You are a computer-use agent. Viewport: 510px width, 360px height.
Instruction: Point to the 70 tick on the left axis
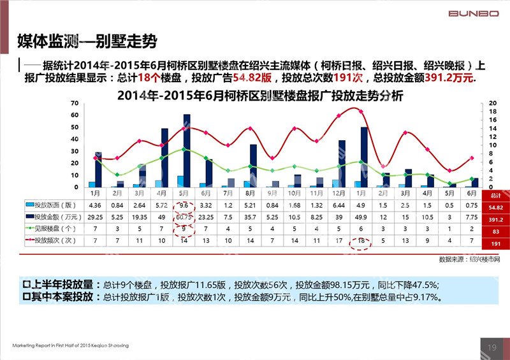click(x=75, y=103)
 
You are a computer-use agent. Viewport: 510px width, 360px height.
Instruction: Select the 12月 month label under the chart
click(x=339, y=192)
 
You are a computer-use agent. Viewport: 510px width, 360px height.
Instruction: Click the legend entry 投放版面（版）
click(x=53, y=205)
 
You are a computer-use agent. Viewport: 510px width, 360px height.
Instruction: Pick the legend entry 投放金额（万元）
click(x=53, y=217)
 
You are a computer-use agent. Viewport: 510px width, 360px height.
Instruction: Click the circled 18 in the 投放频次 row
click(x=361, y=241)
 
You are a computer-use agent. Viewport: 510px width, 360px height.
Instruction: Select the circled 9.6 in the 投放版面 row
click(x=184, y=205)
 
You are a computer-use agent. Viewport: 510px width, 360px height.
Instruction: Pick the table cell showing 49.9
click(x=361, y=217)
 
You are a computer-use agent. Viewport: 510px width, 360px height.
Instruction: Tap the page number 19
click(x=492, y=347)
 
